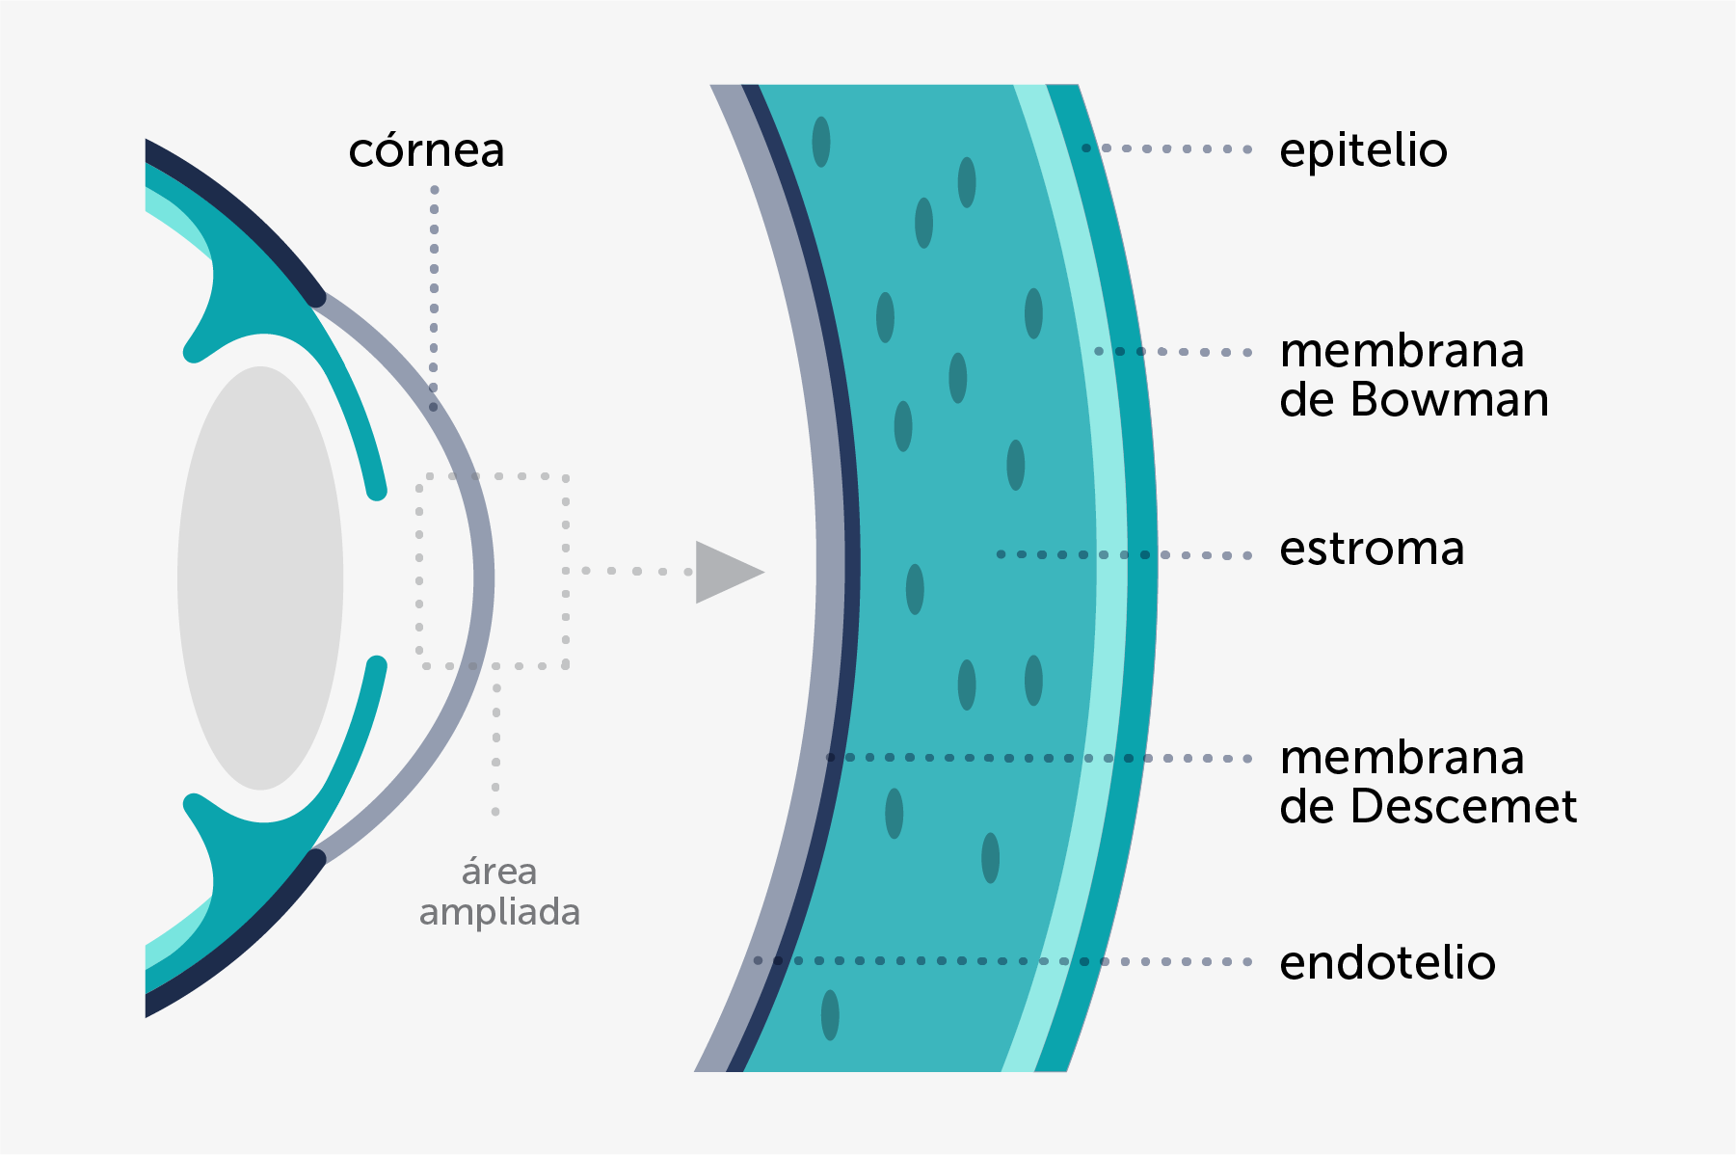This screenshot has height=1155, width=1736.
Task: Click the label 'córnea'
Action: pos(426,150)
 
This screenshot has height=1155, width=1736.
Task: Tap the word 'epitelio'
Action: pos(1362,151)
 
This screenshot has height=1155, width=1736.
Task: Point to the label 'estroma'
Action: pos(1371,550)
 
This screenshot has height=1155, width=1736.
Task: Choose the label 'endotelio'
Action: pos(1387,963)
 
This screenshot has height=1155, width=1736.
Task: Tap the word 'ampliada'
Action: pos(499,912)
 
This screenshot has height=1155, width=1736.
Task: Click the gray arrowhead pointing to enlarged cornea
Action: pos(725,573)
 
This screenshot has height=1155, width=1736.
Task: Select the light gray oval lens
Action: pos(260,577)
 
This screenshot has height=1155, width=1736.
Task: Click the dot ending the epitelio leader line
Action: pos(1086,148)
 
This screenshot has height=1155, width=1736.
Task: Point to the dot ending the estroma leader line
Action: pos(1001,554)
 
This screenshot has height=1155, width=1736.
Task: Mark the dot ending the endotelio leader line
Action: pos(759,960)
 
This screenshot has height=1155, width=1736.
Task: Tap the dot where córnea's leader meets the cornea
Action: pos(434,407)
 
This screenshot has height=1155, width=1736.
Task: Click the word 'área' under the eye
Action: pos(498,872)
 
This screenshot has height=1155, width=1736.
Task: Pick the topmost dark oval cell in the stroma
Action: pos(821,142)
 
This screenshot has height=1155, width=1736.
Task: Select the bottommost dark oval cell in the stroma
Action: pos(830,1014)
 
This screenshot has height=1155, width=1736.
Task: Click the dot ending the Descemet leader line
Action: pos(831,758)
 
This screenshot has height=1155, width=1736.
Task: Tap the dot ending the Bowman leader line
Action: pos(1099,352)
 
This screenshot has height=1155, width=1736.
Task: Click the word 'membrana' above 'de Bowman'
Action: pos(1402,351)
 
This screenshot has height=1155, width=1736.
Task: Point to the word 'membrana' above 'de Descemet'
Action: pos(1402,758)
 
